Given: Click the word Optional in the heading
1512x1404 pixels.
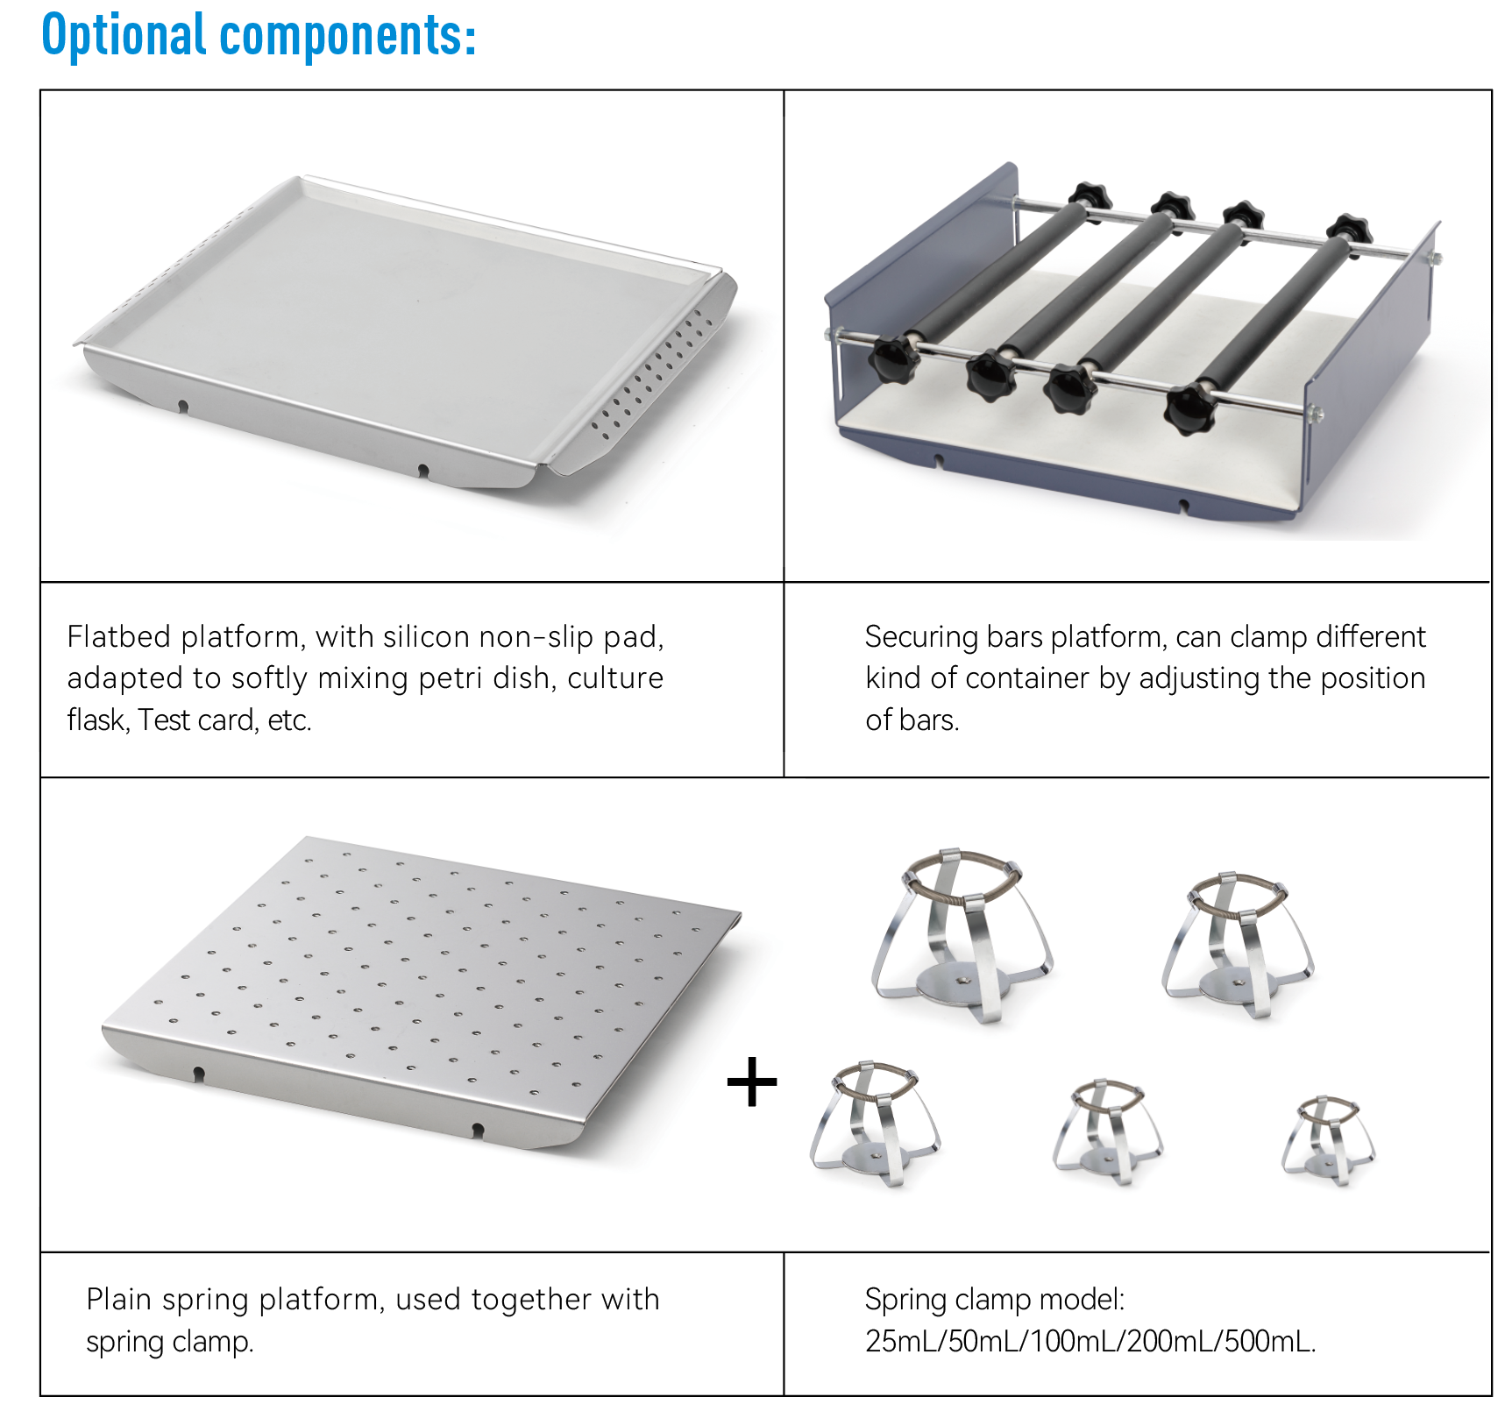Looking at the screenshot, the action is click(x=123, y=35).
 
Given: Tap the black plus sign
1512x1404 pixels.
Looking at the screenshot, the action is click(x=752, y=1081).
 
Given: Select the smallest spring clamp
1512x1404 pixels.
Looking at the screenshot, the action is click(x=1328, y=1139).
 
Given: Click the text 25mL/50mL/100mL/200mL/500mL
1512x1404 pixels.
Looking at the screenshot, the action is click(x=1090, y=1341).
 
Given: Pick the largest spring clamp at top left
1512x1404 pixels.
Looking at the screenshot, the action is click(x=962, y=934).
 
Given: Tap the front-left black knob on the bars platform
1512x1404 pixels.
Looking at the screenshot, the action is click(x=893, y=361).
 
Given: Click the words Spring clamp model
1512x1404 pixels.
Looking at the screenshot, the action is click(x=994, y=1300).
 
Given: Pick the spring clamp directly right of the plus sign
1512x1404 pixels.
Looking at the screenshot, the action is click(x=875, y=1124).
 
